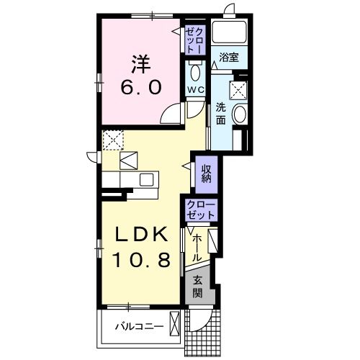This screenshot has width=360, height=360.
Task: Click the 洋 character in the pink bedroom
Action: tap(141, 64)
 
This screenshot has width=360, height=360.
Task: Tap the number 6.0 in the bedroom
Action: tap(141, 87)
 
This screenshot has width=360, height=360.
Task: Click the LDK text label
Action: tap(141, 234)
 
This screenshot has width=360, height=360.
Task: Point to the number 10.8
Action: tap(142, 260)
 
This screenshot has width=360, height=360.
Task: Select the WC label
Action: tap(196, 90)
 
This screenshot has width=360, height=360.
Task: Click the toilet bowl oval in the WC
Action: tap(195, 73)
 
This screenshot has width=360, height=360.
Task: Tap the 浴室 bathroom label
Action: tap(228, 58)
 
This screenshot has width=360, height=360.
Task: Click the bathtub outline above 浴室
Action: tap(229, 32)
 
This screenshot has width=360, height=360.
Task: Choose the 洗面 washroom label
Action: tap(220, 113)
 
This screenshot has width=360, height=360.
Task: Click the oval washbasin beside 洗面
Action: tap(240, 114)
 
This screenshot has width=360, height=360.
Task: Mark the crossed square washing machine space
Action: tap(238, 90)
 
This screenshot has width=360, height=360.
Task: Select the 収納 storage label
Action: tap(206, 174)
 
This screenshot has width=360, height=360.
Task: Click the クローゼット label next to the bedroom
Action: tap(195, 40)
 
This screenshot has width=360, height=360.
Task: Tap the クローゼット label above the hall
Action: tap(201, 210)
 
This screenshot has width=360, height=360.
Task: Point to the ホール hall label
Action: tap(197, 248)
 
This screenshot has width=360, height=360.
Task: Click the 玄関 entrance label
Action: tap(198, 287)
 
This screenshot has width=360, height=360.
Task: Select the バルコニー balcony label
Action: tap(140, 326)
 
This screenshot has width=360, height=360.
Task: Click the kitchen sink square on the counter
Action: tap(146, 179)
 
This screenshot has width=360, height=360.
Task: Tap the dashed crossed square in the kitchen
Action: tap(113, 140)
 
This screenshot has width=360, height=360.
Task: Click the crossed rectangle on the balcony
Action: tap(174, 324)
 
